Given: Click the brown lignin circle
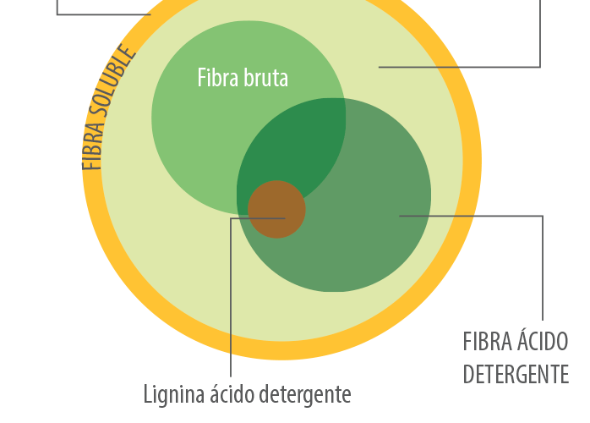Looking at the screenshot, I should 276,208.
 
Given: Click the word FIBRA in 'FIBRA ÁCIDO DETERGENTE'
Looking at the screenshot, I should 487,343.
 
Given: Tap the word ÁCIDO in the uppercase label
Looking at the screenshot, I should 543,343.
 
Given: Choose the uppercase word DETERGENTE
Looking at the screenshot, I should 515,374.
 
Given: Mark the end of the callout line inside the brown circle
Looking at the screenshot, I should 284,217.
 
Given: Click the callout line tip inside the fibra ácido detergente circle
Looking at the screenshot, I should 401,216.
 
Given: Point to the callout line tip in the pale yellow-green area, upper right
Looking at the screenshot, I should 380,67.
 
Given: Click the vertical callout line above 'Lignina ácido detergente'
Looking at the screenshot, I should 231,296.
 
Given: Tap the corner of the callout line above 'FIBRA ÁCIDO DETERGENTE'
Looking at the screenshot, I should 543,217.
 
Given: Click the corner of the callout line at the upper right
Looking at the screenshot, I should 539,67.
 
